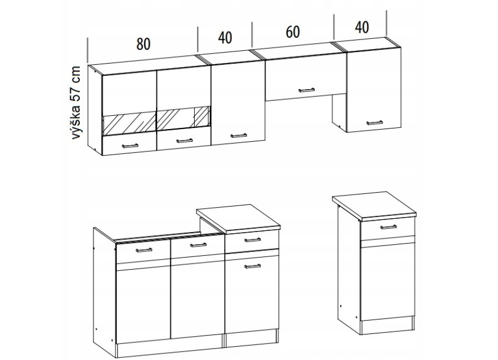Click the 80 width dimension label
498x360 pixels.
pyautogui.click(x=143, y=44)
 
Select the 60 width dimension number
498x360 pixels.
pyautogui.click(x=293, y=32)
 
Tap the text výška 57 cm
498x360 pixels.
pyautogui.click(x=76, y=102)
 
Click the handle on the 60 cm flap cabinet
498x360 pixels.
pyautogui.click(x=307, y=90)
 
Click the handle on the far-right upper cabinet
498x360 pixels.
pyautogui.click(x=375, y=122)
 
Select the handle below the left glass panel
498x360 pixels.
pyautogui.click(x=130, y=146)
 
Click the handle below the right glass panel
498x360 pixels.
pyautogui.click(x=184, y=140)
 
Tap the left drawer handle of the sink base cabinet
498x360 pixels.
pyautogui.click(x=144, y=250)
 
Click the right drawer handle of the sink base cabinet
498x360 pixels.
pyautogui.click(x=198, y=245)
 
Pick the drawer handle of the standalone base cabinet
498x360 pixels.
pyautogui.click(x=388, y=227)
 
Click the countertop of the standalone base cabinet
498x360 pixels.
pyautogui.click(x=375, y=206)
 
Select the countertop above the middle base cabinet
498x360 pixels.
pyautogui.click(x=238, y=218)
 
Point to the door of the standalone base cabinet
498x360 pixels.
pyautogui.click(x=388, y=280)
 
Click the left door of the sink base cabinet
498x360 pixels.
pyautogui.click(x=143, y=303)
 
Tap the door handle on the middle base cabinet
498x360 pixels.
pyautogui.click(x=252, y=266)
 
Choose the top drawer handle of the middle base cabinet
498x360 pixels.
pyautogui.click(x=252, y=240)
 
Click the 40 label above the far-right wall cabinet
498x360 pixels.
pyautogui.click(x=362, y=27)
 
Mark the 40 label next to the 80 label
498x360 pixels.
pyautogui.click(x=225, y=38)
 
